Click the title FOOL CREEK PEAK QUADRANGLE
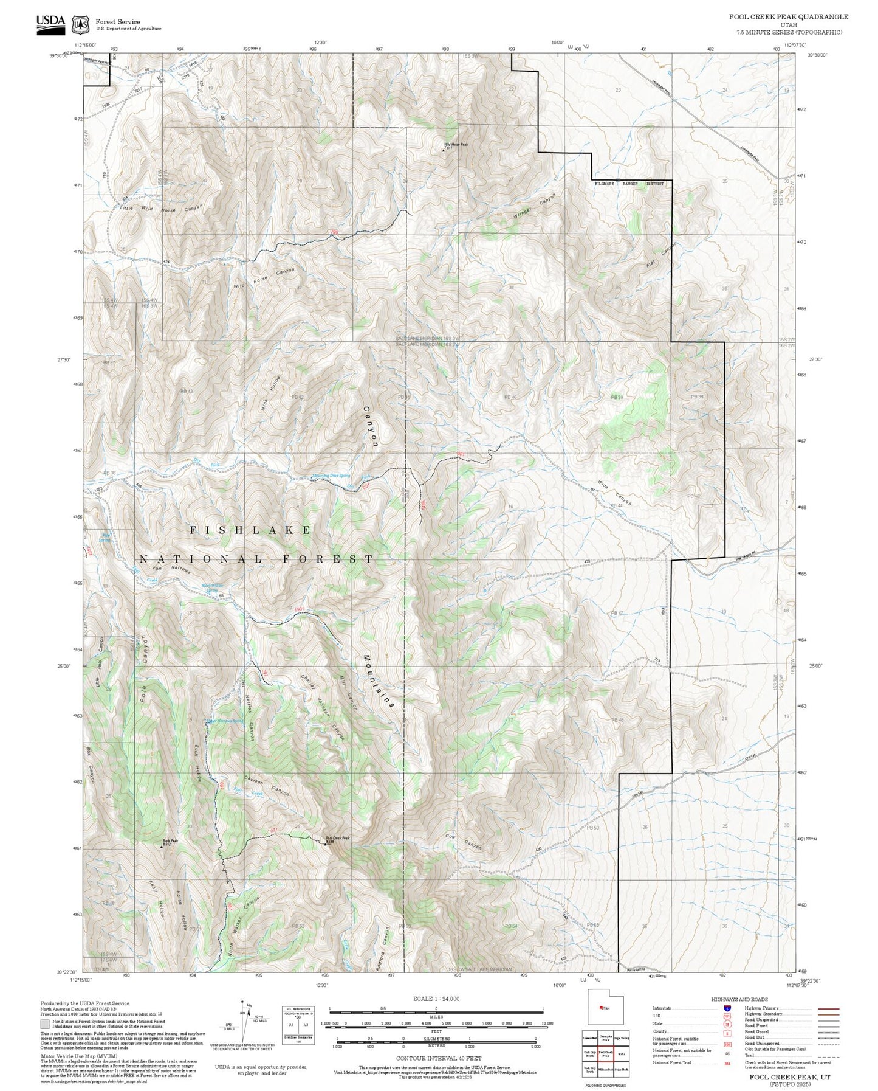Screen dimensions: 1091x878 coord(789,17)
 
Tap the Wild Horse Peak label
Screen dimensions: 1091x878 coord(456,144)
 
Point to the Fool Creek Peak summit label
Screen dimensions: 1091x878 coord(337,837)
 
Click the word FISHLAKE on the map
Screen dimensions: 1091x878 coord(251,530)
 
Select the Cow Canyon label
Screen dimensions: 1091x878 coord(463,842)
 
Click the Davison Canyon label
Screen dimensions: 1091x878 coord(267,785)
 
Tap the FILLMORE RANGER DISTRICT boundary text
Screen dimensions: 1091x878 coord(629,183)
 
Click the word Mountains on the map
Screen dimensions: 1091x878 coord(380,681)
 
